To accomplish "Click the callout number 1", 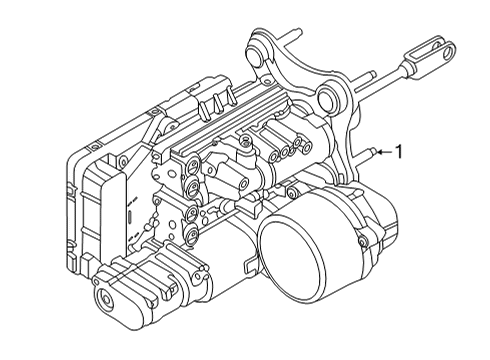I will click(x=399, y=152).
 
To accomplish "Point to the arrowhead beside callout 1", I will click(x=382, y=152).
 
